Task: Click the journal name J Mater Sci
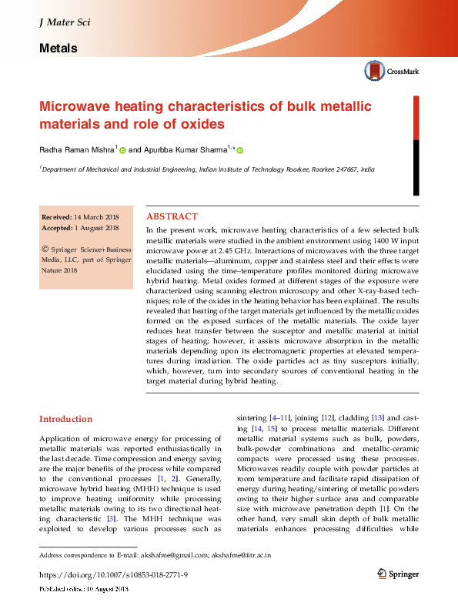(x=64, y=22)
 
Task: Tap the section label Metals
(x=58, y=49)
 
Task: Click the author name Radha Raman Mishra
(x=76, y=150)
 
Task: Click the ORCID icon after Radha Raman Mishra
(x=122, y=151)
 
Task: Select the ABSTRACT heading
(x=172, y=217)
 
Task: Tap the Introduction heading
(x=65, y=419)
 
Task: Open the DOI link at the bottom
(x=113, y=575)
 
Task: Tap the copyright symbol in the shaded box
(x=46, y=249)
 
